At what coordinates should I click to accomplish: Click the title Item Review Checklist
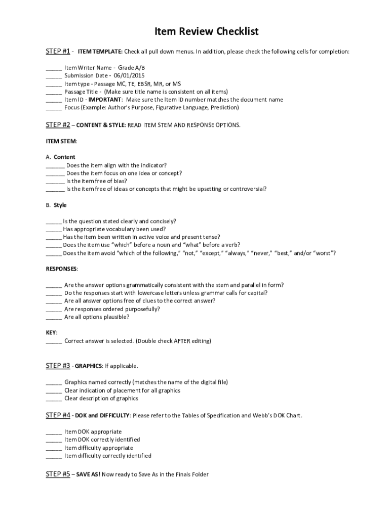click(206, 32)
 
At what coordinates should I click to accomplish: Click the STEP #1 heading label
click(58, 51)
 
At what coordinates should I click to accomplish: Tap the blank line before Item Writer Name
click(54, 68)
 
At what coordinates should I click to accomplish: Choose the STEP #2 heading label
click(58, 124)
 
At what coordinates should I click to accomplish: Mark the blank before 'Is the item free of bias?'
click(55, 182)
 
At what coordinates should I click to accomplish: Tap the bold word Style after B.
click(60, 205)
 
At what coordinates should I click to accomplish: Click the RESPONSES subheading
click(62, 268)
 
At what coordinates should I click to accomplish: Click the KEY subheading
click(51, 332)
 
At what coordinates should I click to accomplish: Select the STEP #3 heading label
click(58, 365)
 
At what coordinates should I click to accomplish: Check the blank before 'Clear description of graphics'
click(54, 399)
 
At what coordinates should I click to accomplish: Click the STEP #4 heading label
click(58, 415)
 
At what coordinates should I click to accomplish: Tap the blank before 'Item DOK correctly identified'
click(54, 440)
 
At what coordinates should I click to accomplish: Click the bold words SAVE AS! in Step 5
click(89, 474)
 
